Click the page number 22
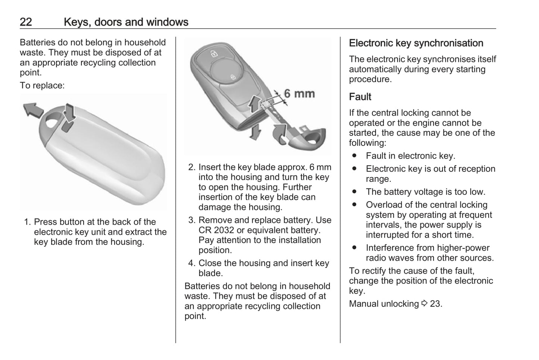[x=26, y=22]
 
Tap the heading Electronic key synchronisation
[x=416, y=43]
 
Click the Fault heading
[x=360, y=97]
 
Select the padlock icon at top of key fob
[x=214, y=53]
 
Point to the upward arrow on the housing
[x=255, y=103]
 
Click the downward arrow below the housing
[x=255, y=132]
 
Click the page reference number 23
[x=435, y=304]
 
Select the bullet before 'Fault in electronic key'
[x=354, y=156]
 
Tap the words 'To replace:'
[x=42, y=85]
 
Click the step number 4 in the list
[x=191, y=263]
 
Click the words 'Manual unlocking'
[x=383, y=304]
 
